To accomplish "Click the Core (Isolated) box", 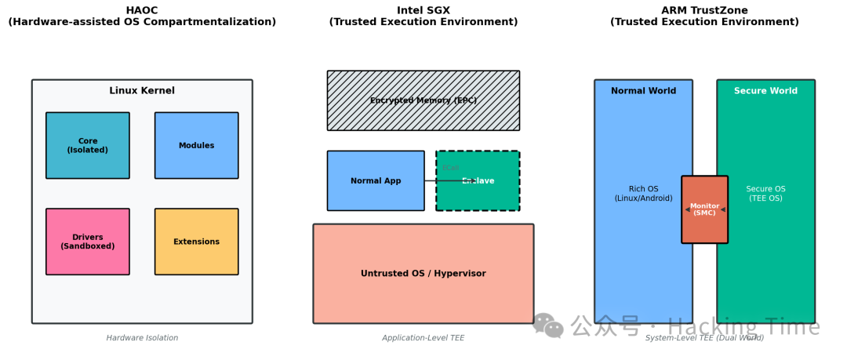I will tap(88, 146).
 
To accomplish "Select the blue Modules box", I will tap(196, 146).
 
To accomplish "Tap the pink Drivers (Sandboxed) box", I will tap(88, 242).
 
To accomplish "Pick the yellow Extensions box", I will tap(196, 242).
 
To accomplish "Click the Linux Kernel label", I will tap(142, 91).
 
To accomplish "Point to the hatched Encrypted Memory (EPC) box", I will tap(423, 100).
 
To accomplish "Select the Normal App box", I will tap(376, 181).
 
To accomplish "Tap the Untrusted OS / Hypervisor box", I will tap(423, 274).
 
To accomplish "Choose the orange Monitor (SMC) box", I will tap(704, 209).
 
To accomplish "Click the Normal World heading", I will tap(643, 91).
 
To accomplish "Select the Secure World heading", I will tap(765, 91).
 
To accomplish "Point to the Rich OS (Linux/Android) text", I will tap(643, 194).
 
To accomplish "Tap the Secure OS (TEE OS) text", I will tap(765, 194).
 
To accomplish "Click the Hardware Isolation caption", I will tap(142, 338).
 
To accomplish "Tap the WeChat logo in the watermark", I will tap(547, 325).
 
